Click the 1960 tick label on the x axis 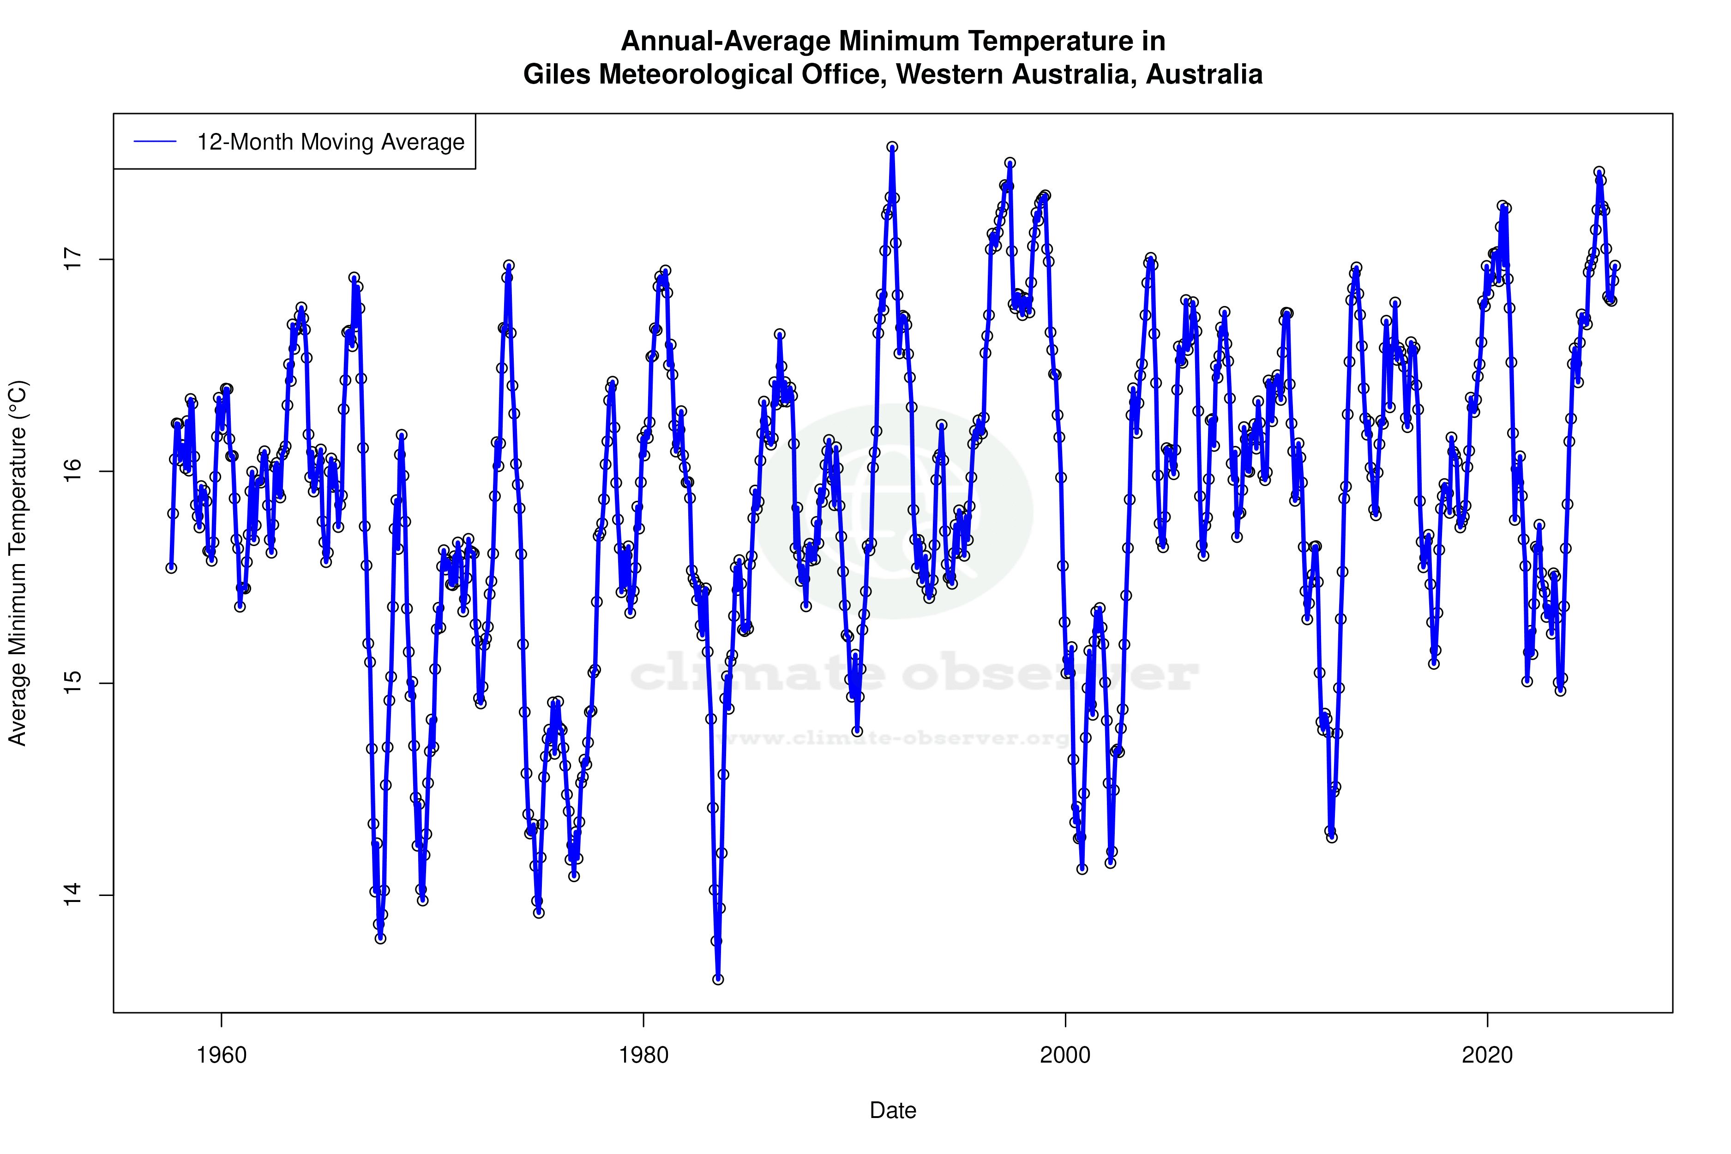point(222,1055)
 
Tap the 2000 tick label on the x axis point(1065,1055)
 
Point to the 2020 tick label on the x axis point(1487,1055)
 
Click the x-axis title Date point(893,1111)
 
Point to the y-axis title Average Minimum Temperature point(17,563)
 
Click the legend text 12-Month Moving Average point(331,142)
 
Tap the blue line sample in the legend point(155,142)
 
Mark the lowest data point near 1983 point(718,980)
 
